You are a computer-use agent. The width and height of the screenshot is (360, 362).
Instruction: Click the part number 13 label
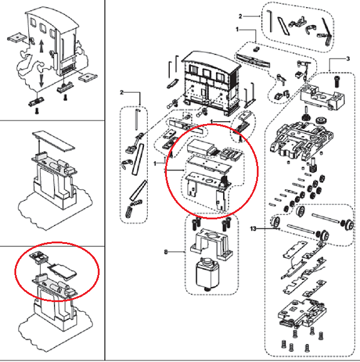point(253,228)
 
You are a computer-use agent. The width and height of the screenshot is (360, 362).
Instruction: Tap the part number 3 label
point(347,59)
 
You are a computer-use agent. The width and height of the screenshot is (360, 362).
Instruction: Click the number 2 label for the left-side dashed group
point(121,92)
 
